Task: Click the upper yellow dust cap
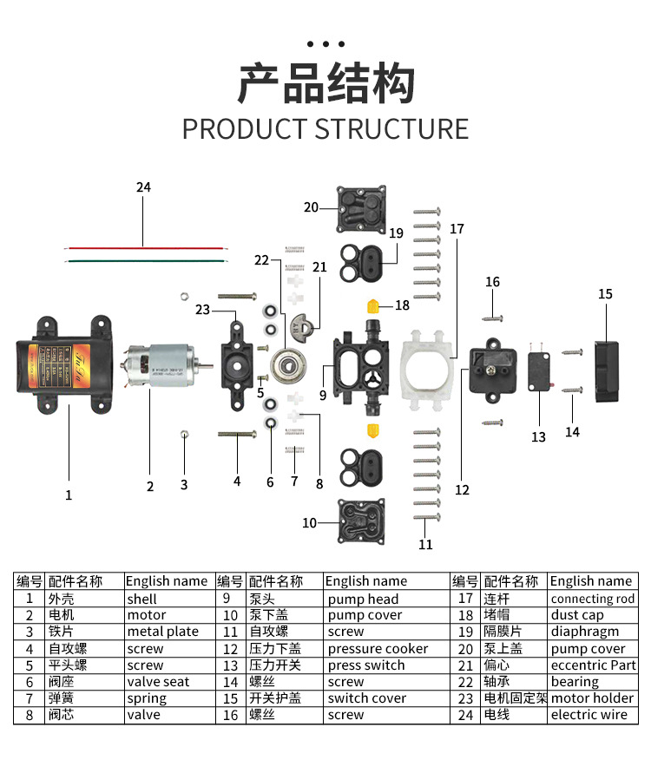pyautogui.click(x=374, y=305)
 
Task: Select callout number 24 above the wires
pyautogui.click(x=143, y=187)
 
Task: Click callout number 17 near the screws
pyautogui.click(x=457, y=229)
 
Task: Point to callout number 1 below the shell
pyautogui.click(x=69, y=495)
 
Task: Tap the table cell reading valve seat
pyautogui.click(x=158, y=682)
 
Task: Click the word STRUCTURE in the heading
pyautogui.click(x=391, y=129)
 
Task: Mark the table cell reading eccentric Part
pyautogui.click(x=593, y=665)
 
